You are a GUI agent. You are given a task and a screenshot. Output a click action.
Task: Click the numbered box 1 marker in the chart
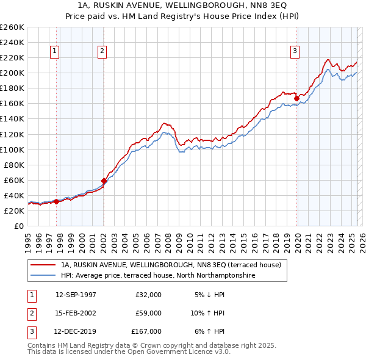tap(56, 51)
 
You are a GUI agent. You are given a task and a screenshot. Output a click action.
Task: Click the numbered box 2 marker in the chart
tap(102, 51)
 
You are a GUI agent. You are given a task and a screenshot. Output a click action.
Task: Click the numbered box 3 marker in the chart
tap(295, 51)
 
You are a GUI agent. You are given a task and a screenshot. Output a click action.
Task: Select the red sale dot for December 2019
tap(296, 98)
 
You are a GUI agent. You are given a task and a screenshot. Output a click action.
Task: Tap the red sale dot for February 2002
tap(104, 181)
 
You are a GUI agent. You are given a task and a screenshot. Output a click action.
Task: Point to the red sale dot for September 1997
tap(57, 201)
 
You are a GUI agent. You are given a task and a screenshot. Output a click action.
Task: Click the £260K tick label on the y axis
tap(12, 27)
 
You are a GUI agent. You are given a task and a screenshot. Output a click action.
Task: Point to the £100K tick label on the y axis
tap(12, 149)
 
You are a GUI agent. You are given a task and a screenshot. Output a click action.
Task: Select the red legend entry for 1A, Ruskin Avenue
tap(171, 265)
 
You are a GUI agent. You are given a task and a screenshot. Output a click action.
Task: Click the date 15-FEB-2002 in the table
tap(76, 313)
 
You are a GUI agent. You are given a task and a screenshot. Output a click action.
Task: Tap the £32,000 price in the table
tap(148, 295)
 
